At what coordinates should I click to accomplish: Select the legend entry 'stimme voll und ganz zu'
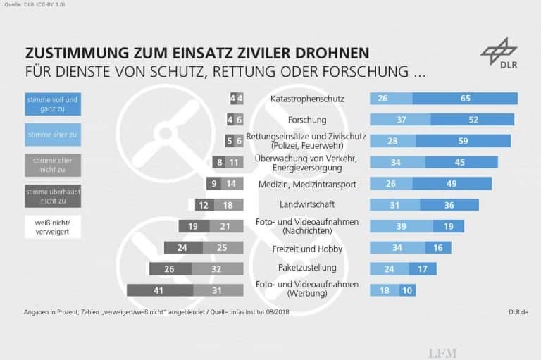(52, 104)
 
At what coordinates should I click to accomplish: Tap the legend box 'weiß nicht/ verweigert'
(52, 227)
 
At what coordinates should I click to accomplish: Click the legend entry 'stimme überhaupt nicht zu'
(52, 196)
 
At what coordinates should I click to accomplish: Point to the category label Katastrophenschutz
(307, 99)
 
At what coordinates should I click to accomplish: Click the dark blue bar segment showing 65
(465, 99)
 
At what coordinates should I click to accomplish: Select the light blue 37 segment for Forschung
(400, 120)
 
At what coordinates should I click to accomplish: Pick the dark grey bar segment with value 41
(158, 290)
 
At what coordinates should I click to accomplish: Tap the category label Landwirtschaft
(307, 205)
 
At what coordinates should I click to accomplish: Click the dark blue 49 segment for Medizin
(452, 184)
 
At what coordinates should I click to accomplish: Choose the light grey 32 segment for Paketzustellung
(217, 268)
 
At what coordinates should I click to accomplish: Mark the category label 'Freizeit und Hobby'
(307, 248)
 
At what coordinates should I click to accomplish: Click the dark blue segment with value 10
(407, 290)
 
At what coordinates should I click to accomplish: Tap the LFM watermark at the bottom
(443, 352)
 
